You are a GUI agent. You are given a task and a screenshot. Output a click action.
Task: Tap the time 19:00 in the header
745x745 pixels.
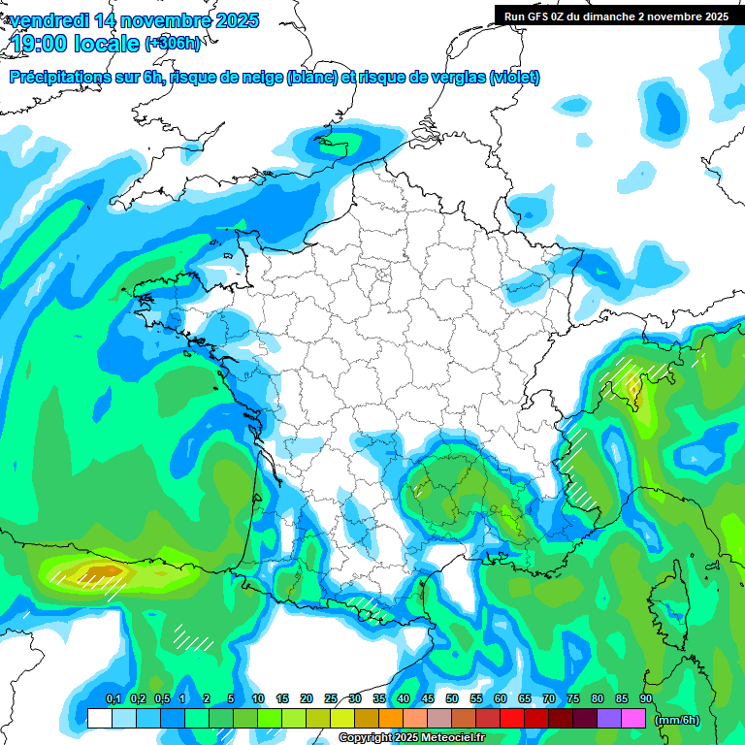pyautogui.click(x=47, y=44)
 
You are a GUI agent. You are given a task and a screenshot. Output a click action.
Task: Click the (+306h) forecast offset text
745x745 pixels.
pyautogui.click(x=173, y=44)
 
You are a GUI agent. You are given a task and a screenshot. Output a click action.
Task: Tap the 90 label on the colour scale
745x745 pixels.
pyautogui.click(x=645, y=698)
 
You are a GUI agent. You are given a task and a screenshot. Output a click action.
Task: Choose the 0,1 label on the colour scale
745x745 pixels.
pyautogui.click(x=113, y=698)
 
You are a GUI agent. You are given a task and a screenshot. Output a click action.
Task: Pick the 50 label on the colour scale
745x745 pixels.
pyautogui.click(x=452, y=698)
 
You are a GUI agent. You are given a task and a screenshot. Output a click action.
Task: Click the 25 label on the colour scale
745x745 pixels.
pyautogui.click(x=331, y=698)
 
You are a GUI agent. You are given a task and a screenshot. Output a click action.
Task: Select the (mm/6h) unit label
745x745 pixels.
pyautogui.click(x=678, y=719)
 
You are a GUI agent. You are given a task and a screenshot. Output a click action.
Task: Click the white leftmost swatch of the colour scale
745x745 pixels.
pyautogui.click(x=99, y=718)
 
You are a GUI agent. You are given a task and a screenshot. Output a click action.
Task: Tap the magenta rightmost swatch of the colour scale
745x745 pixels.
pyautogui.click(x=633, y=718)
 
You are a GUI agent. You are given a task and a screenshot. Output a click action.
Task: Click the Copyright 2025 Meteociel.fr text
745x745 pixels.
pyautogui.click(x=411, y=738)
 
